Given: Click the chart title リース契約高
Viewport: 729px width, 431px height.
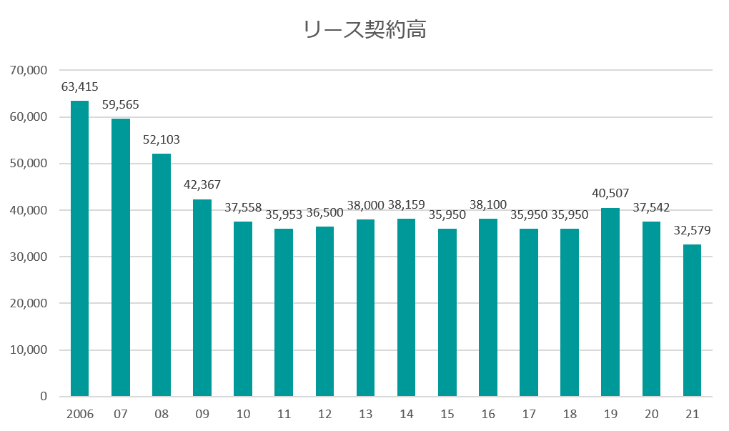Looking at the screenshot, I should click(x=364, y=30).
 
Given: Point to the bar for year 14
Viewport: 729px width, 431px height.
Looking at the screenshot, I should click(x=406, y=307).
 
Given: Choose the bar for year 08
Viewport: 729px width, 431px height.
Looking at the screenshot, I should click(x=162, y=275).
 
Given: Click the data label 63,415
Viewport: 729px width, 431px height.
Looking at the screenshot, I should click(x=79, y=88).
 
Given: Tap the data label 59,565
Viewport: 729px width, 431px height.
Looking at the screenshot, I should click(x=120, y=105).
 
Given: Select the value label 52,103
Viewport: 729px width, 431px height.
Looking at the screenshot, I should click(x=162, y=140).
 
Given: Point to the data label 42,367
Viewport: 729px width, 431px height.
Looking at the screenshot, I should click(x=202, y=185).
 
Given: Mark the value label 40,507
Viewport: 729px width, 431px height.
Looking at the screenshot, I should click(x=610, y=194).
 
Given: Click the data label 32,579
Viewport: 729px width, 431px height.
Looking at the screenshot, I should click(x=692, y=231).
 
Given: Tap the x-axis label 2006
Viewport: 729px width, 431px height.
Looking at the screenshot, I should click(x=79, y=415).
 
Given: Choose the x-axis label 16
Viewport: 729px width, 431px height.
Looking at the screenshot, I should click(x=488, y=415).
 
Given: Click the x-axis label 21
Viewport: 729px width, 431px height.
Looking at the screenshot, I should click(x=692, y=415).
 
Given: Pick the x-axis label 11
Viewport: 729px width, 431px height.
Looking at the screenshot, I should click(x=284, y=415).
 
